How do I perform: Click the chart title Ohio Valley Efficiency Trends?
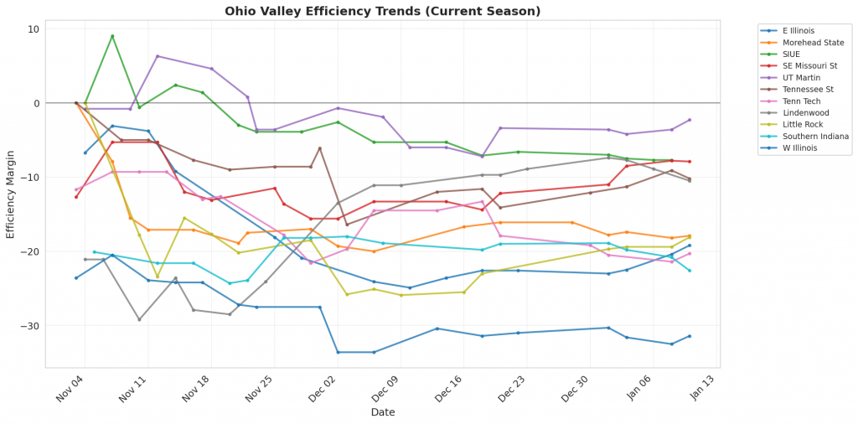(x=382, y=11)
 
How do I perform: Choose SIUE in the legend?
(x=793, y=54)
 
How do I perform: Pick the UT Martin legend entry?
(x=800, y=77)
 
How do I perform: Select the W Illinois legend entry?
(x=801, y=148)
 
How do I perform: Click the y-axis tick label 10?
(x=34, y=29)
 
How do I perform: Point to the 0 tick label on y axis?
(x=36, y=103)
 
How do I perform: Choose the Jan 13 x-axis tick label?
(x=701, y=389)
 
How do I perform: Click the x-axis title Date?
(x=382, y=412)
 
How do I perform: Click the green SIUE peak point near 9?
(x=112, y=36)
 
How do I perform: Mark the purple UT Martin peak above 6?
(x=158, y=56)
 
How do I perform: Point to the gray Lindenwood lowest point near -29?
(x=139, y=319)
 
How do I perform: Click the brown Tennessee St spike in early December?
(x=319, y=148)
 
